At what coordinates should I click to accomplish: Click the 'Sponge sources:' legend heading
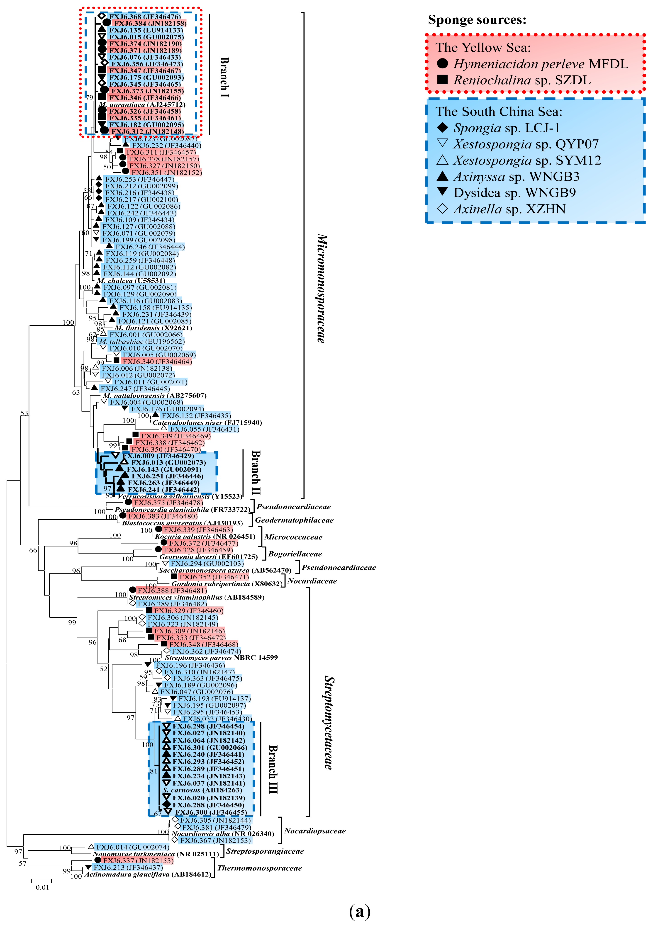(x=477, y=19)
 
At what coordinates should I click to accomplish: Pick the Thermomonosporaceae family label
(x=260, y=868)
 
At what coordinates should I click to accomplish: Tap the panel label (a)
(x=359, y=911)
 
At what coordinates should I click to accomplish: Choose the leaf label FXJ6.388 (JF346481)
(x=172, y=590)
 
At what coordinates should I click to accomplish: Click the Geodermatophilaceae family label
(x=294, y=520)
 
